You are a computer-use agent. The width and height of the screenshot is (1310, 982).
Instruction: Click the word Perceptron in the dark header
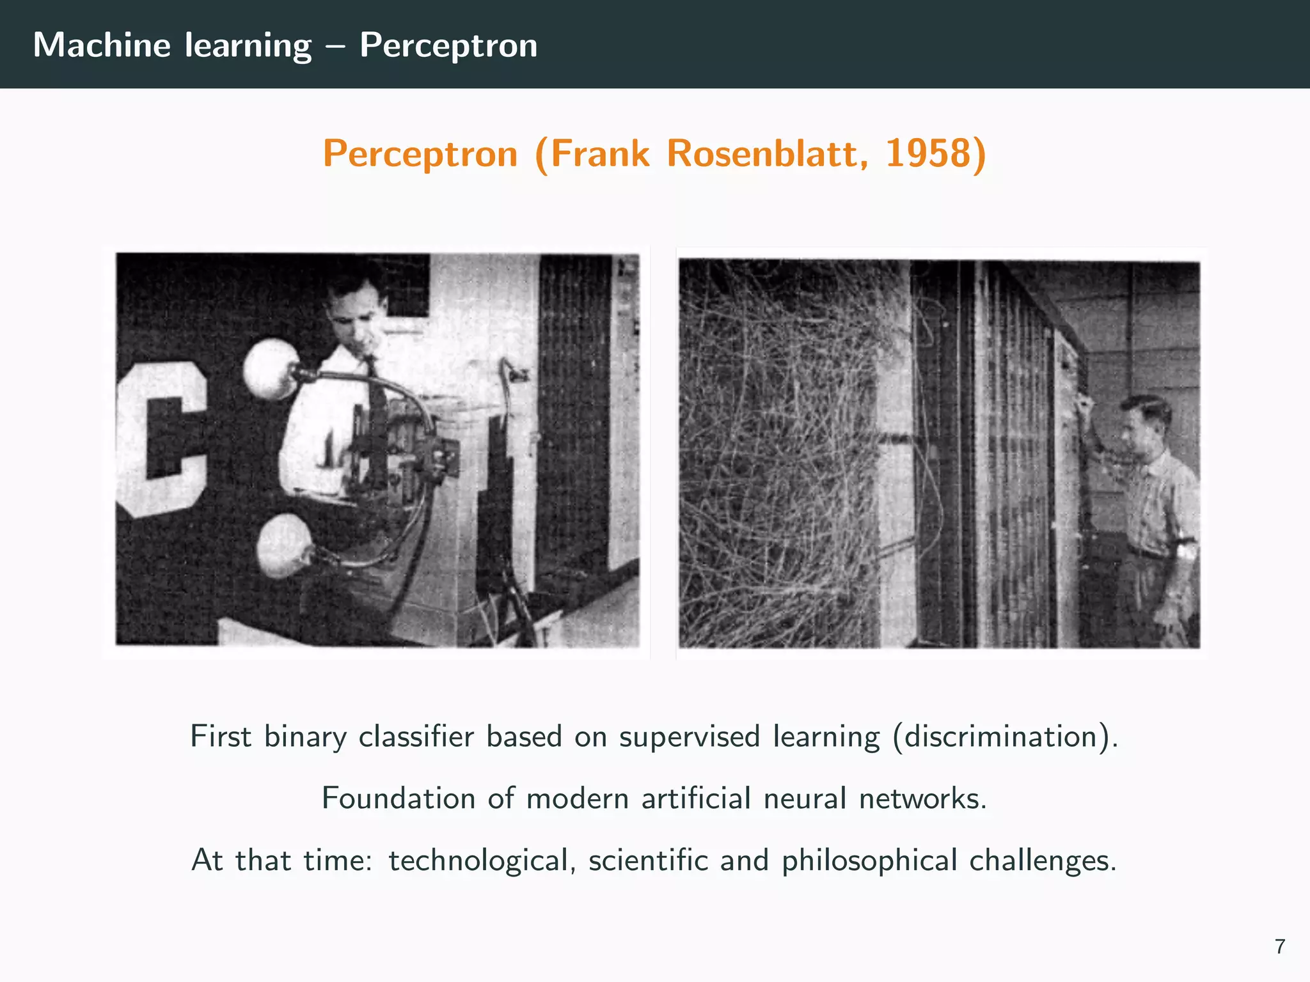448,45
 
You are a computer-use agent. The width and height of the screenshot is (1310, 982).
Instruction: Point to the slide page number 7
1279,946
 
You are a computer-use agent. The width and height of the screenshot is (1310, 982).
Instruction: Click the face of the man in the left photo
355,320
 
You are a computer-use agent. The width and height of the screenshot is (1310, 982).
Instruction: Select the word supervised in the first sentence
690,736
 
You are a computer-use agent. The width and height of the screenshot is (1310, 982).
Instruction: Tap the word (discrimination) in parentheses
1006,736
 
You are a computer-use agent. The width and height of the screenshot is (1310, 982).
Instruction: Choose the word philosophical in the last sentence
869,861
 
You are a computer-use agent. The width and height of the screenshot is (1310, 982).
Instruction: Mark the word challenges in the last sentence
1042,861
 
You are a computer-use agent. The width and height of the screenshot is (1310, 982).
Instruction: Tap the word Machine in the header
102,45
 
